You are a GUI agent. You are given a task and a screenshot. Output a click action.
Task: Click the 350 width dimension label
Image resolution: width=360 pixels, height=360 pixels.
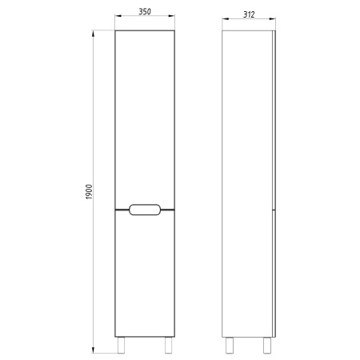pos(145,11)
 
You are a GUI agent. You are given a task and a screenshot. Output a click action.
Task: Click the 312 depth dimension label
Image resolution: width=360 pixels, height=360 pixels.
pos(249,14)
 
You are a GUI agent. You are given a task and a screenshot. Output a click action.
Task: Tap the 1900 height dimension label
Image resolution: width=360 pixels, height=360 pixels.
pos(89,192)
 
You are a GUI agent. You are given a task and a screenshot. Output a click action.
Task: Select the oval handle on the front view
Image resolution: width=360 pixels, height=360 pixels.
pos(145,210)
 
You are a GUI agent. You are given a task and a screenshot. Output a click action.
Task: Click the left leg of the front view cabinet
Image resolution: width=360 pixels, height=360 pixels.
pos(122,346)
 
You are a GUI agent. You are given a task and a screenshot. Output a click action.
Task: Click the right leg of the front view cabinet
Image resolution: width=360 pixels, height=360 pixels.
pos(168,346)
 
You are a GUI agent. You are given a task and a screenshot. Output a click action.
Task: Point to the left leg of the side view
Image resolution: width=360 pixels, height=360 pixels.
pos(230,346)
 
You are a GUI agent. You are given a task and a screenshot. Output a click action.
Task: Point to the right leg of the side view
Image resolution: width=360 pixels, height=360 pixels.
pos(267,346)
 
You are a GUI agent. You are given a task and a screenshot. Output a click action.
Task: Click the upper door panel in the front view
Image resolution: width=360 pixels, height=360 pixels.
pos(145,119)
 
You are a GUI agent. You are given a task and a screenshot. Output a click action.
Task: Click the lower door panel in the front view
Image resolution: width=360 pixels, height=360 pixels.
pos(145,274)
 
